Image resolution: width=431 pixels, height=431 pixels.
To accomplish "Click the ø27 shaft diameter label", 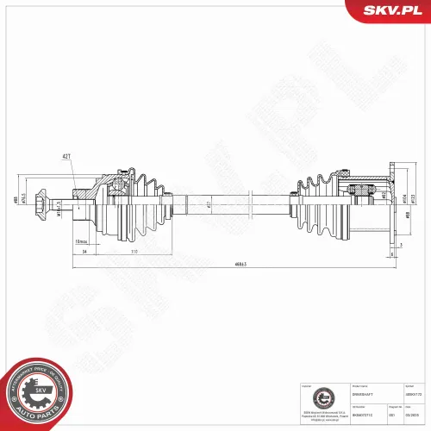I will click(209, 205).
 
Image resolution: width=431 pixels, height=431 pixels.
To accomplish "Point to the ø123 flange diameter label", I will click(413, 198).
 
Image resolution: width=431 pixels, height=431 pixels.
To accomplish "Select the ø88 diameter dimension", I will click(16, 201).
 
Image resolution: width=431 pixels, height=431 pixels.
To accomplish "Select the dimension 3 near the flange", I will click(401, 244).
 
